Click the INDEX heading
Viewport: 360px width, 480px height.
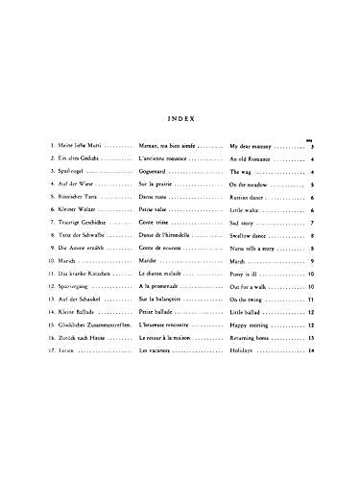(180, 120)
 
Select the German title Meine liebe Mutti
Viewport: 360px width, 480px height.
(76, 143)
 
